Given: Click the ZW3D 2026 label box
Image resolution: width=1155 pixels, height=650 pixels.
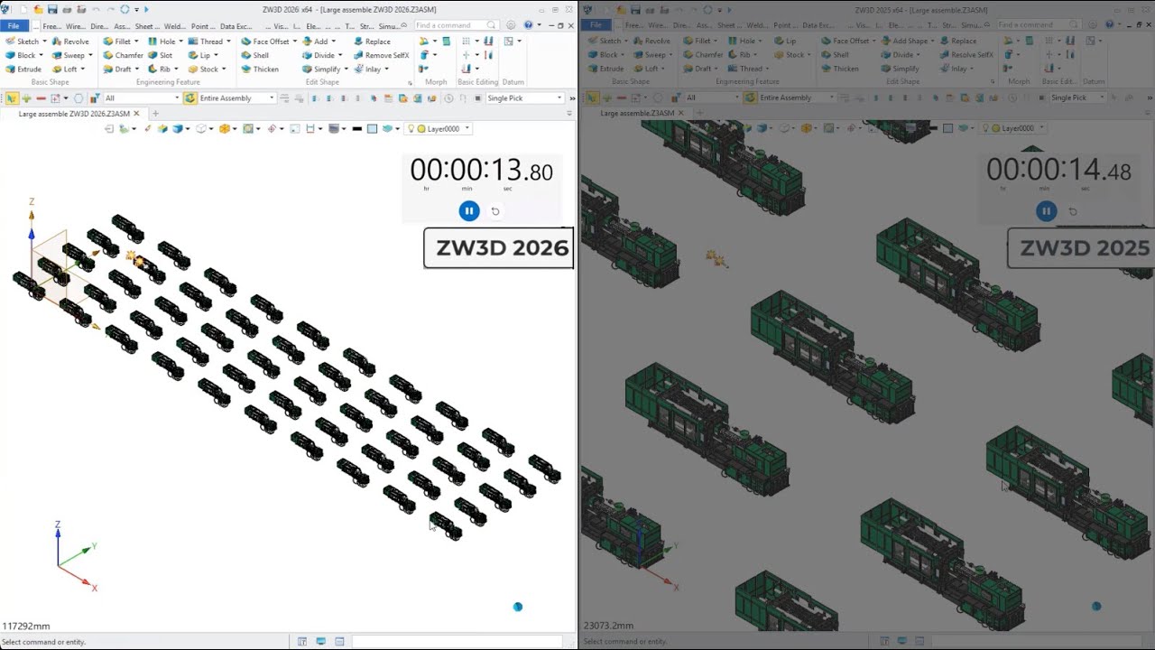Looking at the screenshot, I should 499,248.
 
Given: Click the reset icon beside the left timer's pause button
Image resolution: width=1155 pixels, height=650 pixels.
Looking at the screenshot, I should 495,211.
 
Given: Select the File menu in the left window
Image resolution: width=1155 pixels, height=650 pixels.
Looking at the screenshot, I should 14,26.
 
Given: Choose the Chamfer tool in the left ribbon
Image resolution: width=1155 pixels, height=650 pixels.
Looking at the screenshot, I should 124,55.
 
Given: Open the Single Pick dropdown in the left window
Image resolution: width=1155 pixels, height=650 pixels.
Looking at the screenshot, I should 524,98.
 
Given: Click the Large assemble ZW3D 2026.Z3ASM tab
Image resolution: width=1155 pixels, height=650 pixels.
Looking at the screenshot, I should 74,114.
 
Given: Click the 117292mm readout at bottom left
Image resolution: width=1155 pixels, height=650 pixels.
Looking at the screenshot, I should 26,626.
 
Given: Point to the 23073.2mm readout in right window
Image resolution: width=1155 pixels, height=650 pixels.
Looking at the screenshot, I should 608,625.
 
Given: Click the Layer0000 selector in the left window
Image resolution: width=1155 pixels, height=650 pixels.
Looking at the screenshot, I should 442,129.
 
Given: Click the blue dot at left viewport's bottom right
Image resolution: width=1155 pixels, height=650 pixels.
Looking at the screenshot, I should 518,607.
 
